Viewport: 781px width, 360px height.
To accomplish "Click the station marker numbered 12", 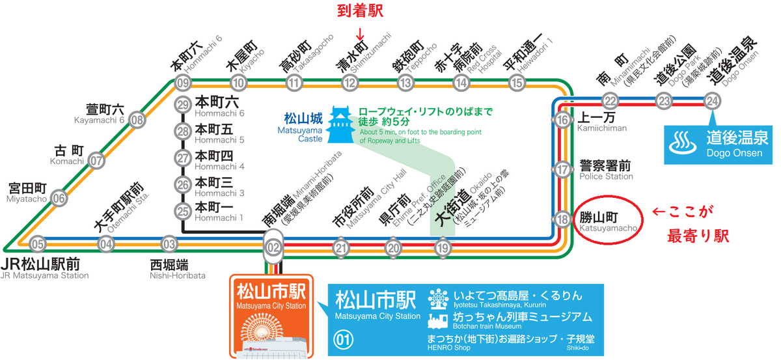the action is (x=349, y=83).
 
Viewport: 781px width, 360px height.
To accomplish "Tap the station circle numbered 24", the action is (x=712, y=101).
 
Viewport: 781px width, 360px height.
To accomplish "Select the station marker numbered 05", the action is (x=38, y=245).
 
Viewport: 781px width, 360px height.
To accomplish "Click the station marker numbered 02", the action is (x=273, y=247).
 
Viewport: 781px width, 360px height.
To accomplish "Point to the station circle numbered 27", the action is (x=183, y=158).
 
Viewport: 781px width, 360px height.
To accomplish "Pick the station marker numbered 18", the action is (x=562, y=219).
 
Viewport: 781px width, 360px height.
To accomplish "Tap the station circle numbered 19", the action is (x=443, y=248).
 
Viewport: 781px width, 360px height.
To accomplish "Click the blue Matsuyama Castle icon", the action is (x=339, y=124).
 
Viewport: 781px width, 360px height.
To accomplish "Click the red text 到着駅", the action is (x=360, y=10).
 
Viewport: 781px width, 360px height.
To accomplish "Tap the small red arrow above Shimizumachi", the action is (x=360, y=35).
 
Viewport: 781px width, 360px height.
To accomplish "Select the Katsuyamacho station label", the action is (x=608, y=222).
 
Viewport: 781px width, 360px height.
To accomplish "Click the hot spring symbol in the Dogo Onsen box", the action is (x=683, y=143).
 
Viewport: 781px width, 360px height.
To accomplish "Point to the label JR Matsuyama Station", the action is (x=44, y=275).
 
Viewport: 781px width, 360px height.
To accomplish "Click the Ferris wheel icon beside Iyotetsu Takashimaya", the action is (x=439, y=299).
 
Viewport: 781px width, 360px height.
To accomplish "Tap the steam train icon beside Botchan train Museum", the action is (x=438, y=321).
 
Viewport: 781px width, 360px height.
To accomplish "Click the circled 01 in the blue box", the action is (x=344, y=340).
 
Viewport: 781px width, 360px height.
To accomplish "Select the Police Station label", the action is (x=606, y=176).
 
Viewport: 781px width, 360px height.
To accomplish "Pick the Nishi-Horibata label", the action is (x=178, y=275).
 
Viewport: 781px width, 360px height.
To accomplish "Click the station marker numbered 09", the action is (x=183, y=83).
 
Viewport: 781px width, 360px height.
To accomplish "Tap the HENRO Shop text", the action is (x=448, y=348).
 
